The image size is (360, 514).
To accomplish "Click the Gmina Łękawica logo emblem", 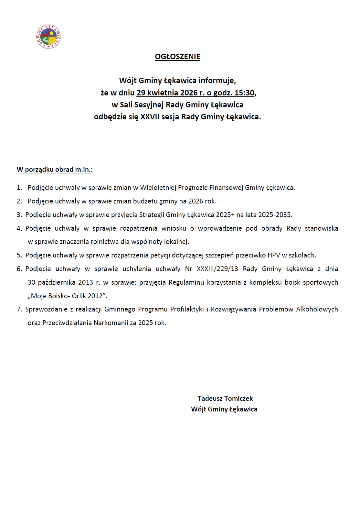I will point(48,37).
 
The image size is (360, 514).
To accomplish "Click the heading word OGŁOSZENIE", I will point(177,57).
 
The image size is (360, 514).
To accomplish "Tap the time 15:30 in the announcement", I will point(244,93).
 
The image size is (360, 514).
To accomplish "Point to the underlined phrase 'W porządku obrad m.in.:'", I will point(55,170).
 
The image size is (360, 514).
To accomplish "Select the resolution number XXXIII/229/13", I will point(217,269).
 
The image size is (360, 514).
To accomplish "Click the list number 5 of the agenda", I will point(19,255).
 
